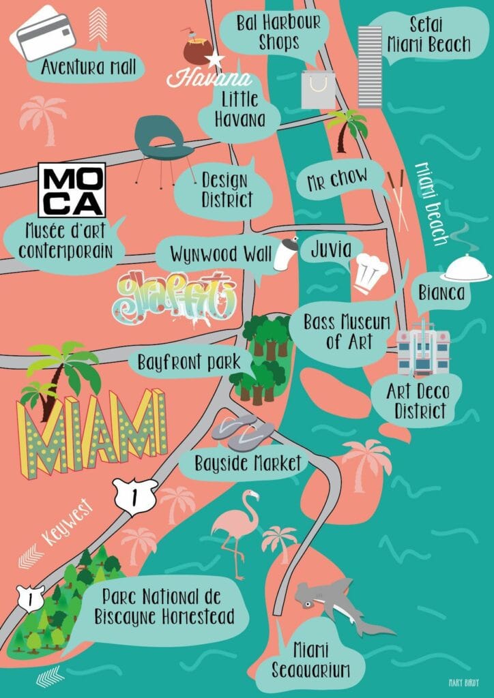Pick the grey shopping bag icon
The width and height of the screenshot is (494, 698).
click(x=319, y=89)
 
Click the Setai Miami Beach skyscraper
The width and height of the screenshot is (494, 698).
click(x=370, y=66)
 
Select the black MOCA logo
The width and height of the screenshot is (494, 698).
click(x=72, y=189)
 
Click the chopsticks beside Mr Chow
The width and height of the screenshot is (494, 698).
click(x=398, y=198)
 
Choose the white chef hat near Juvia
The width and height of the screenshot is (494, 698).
click(x=371, y=271)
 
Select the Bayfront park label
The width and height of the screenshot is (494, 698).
click(x=189, y=361)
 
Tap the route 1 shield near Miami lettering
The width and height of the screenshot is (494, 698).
click(x=135, y=493)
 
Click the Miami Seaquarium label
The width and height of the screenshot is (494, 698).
click(x=310, y=658)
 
